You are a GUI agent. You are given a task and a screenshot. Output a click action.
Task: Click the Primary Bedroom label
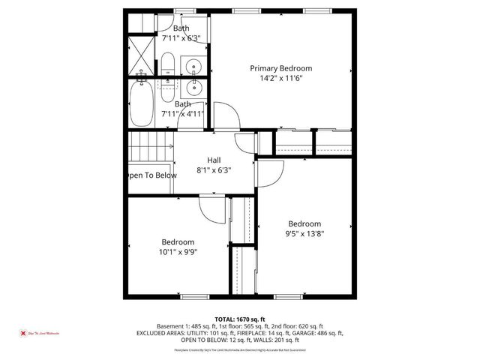(x=280, y=68)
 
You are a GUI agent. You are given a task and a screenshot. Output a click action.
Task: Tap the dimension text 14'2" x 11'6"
(x=280, y=78)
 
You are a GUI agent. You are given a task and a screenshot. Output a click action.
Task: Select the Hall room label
(x=214, y=160)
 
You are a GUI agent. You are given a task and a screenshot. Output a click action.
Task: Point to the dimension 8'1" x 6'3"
(x=214, y=169)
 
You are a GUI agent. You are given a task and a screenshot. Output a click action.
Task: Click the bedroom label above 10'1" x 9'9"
(x=178, y=242)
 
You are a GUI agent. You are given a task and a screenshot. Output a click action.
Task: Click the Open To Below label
(x=151, y=175)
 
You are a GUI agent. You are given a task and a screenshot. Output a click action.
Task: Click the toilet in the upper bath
(x=167, y=63)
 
